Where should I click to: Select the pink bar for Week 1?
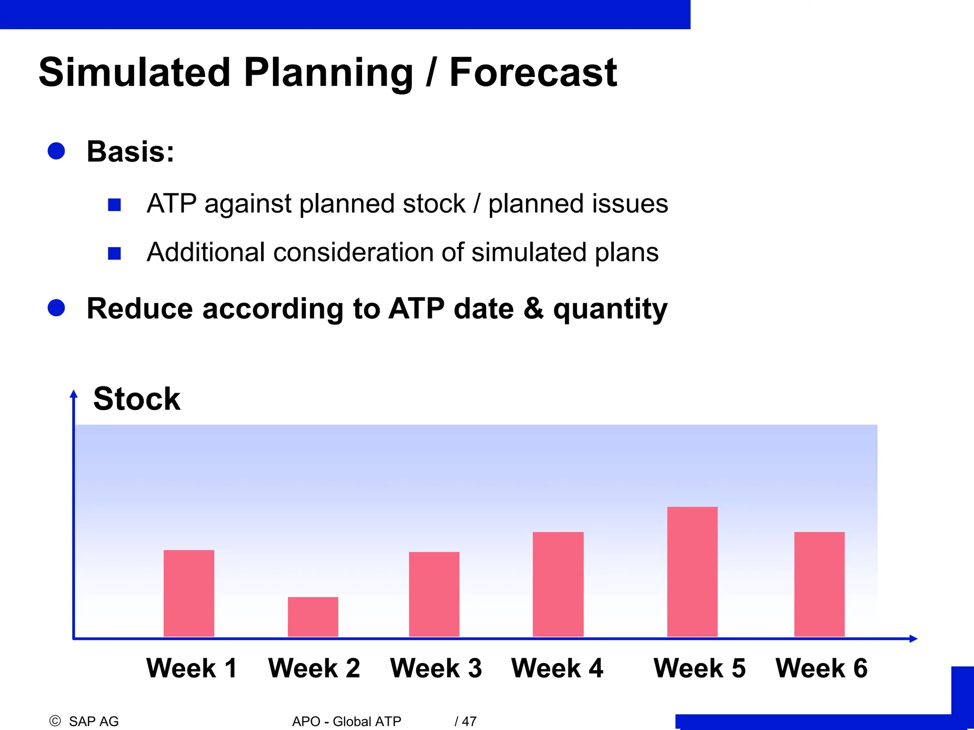click(x=189, y=593)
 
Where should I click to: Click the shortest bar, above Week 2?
click(x=313, y=616)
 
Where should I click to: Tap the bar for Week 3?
click(x=434, y=594)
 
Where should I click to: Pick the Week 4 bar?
click(x=558, y=584)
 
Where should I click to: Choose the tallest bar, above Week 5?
click(x=692, y=572)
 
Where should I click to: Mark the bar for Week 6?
click(x=819, y=584)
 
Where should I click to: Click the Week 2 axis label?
click(x=314, y=668)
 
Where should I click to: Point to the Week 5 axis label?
click(x=700, y=668)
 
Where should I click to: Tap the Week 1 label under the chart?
click(x=192, y=668)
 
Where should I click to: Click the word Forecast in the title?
click(x=533, y=73)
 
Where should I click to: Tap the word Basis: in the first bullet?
click(x=130, y=152)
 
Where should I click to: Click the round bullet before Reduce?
click(x=56, y=307)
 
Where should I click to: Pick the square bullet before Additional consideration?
click(x=114, y=253)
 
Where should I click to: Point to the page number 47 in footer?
click(x=469, y=721)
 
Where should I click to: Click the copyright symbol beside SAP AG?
click(x=55, y=721)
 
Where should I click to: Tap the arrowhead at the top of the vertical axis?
click(x=74, y=394)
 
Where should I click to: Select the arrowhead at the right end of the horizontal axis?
click(x=913, y=639)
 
